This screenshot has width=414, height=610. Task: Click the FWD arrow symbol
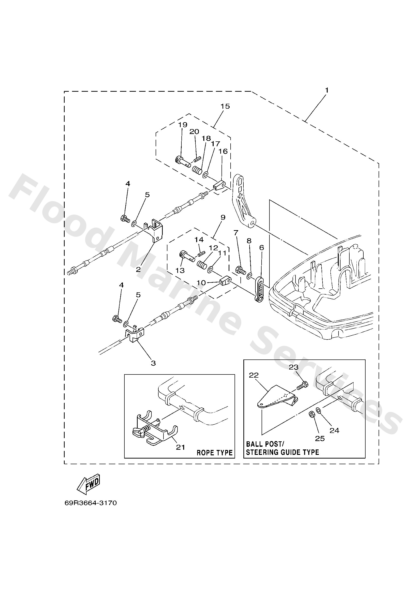pyautogui.click(x=89, y=484)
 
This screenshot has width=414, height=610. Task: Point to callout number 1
pyautogui.click(x=326, y=90)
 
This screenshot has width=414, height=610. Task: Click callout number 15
pyautogui.click(x=225, y=106)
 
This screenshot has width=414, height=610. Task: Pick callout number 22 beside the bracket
pyautogui.click(x=254, y=375)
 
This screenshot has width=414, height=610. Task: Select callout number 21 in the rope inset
pyautogui.click(x=180, y=447)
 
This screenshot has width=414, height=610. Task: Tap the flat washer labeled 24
pyautogui.click(x=318, y=410)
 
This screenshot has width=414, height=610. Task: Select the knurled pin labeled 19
pyautogui.click(x=182, y=161)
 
